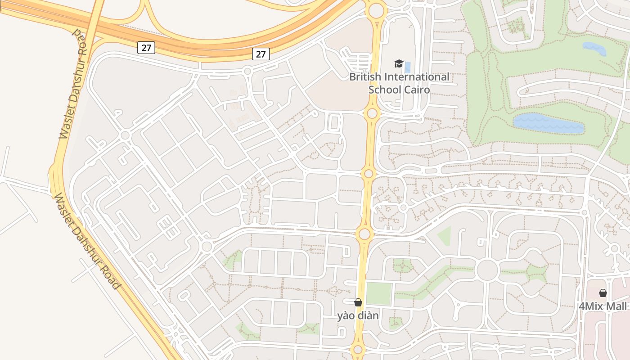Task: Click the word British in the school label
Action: pos(364,77)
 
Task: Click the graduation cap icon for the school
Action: pos(399,64)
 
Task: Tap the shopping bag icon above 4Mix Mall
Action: pos(603,293)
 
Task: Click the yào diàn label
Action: pos(358,316)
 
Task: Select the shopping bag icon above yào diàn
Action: pos(358,302)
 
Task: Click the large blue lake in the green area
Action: pos(548,123)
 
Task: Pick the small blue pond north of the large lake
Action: pos(594,48)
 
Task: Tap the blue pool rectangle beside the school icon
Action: pos(408,67)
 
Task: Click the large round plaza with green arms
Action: pos(487,270)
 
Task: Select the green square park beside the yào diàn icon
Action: pos(378,293)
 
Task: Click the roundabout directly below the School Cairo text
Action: pos(372,113)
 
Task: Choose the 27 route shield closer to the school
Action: pos(261,54)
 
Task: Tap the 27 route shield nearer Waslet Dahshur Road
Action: pos(146,47)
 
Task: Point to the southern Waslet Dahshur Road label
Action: pos(87,241)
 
